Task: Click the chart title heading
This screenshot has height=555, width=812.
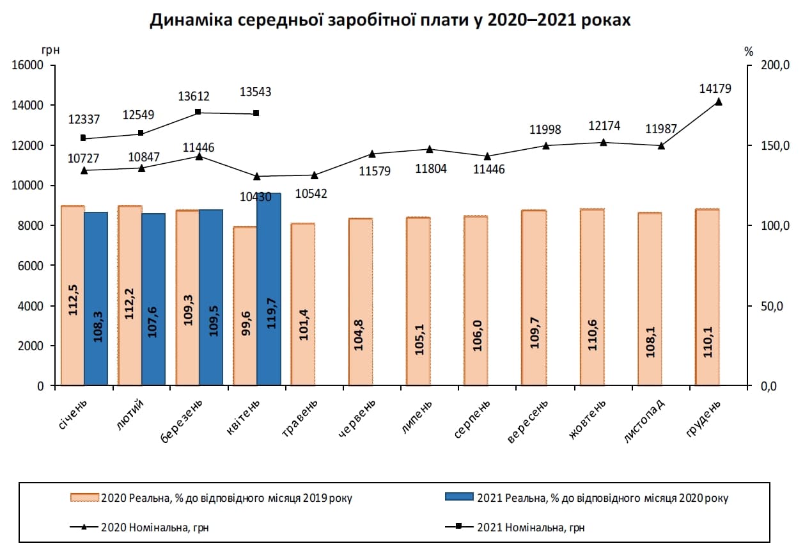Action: click(x=390, y=20)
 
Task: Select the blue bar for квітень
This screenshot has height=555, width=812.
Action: click(x=269, y=289)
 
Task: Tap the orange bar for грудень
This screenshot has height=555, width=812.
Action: click(x=707, y=297)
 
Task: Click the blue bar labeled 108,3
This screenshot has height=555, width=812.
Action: click(x=96, y=298)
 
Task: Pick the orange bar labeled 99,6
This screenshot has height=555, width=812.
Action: click(x=246, y=305)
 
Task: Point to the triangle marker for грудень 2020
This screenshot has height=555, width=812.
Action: click(x=719, y=102)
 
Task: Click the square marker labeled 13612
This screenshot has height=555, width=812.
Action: click(x=198, y=112)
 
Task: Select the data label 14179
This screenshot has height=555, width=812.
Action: click(x=715, y=88)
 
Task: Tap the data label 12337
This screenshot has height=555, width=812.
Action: click(x=84, y=119)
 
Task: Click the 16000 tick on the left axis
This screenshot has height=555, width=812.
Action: click(x=27, y=65)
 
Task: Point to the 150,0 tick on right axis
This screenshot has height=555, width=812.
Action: click(x=776, y=145)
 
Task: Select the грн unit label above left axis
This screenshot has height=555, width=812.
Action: click(x=51, y=50)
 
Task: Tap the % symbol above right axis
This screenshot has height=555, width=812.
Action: click(x=749, y=52)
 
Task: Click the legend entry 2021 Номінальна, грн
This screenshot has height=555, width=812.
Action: click(x=515, y=527)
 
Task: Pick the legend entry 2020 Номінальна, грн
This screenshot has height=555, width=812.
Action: click(x=139, y=527)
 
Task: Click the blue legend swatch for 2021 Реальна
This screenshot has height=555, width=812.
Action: click(x=459, y=497)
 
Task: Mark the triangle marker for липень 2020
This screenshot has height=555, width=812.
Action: click(x=430, y=149)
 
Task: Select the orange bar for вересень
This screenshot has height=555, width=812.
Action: click(x=534, y=298)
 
